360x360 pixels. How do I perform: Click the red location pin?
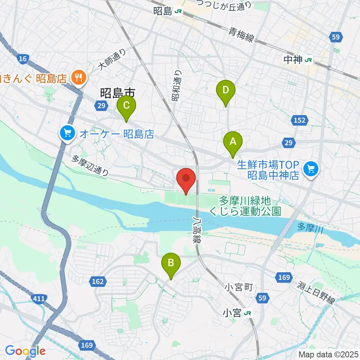click(x=186, y=179)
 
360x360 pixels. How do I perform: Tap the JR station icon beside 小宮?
click(x=247, y=313)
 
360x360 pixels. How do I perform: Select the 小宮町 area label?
click(x=237, y=288)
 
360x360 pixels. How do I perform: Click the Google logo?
click(x=25, y=351)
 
